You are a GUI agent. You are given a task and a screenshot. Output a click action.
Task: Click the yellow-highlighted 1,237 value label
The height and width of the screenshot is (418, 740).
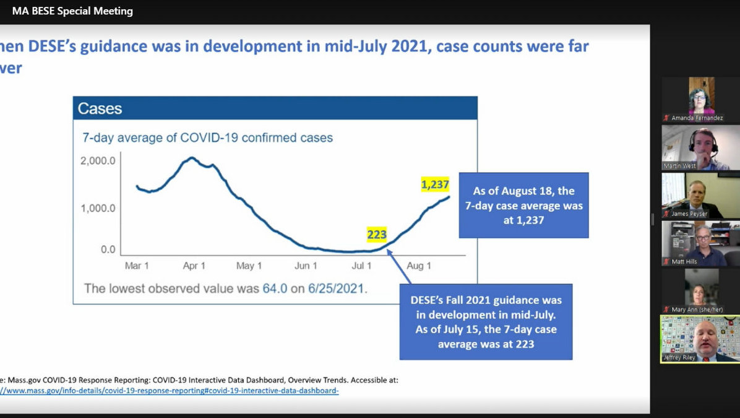(x=435, y=184)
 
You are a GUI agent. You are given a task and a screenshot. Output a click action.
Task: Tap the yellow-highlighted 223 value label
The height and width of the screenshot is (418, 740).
(x=377, y=235)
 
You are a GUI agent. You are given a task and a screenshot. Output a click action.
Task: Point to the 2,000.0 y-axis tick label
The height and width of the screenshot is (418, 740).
(x=98, y=161)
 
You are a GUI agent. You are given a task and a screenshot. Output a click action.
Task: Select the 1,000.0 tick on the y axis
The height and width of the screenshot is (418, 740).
(x=98, y=207)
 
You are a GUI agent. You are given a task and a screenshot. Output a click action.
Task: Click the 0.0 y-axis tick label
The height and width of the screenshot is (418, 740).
(x=108, y=250)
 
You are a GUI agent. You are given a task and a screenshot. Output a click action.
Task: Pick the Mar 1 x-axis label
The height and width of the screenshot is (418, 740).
(x=137, y=266)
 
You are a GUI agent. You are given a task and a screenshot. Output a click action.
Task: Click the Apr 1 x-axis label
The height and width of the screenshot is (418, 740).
(x=194, y=266)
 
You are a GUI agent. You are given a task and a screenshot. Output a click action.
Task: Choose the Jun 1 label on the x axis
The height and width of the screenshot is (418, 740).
(x=306, y=266)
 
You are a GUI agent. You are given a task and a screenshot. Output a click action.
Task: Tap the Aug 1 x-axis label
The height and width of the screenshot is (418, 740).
(x=419, y=266)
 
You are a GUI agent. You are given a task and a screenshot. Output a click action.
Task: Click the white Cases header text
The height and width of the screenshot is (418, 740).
(x=100, y=109)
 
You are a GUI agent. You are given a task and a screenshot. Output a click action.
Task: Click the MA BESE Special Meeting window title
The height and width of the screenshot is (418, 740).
(x=72, y=11)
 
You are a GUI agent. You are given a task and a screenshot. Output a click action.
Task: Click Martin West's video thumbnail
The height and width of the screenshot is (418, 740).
(x=700, y=147)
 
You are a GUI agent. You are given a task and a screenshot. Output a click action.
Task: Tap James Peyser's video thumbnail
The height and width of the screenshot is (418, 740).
(x=700, y=195)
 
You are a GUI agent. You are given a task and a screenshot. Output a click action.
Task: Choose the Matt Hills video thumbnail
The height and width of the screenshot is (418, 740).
(x=700, y=243)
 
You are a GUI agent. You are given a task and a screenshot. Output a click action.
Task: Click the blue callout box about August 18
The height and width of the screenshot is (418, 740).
(x=523, y=205)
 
